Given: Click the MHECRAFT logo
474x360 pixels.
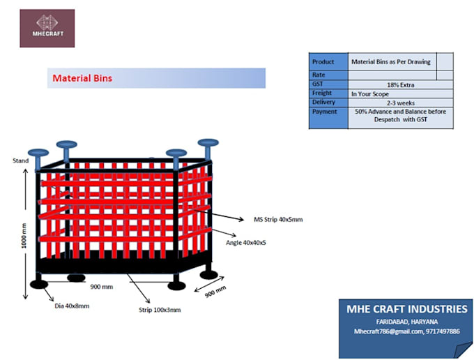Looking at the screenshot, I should tap(47, 28).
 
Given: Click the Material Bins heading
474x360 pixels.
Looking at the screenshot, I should tap(82, 78).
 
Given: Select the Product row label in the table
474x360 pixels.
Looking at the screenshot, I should tap(323, 61).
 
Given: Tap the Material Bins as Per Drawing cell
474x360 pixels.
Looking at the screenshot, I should tap(391, 61).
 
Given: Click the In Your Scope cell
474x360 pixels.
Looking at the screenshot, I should tap(370, 93).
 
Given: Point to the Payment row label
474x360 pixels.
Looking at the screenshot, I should tap(325, 111).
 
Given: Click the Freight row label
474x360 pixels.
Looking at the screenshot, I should tap(322, 93).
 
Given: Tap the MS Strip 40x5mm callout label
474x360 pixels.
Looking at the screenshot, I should tap(278, 219).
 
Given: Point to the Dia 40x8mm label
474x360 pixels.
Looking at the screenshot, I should tap(73, 305).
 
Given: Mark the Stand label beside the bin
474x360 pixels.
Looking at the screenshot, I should tap(20, 161).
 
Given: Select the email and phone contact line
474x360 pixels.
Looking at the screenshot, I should tap(407, 331).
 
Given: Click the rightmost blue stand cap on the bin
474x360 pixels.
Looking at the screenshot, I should tap(208, 143).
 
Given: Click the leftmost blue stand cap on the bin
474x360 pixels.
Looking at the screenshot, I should tap(38, 153).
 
